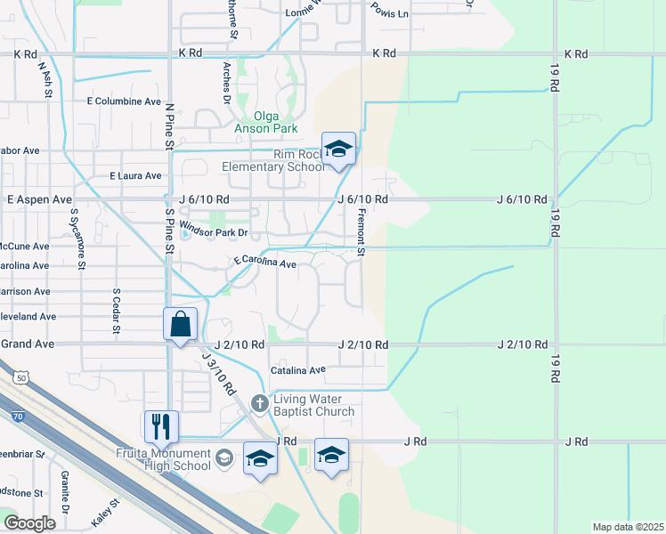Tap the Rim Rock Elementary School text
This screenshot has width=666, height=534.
[x=273, y=160]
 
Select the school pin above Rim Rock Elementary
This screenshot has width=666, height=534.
[x=338, y=149]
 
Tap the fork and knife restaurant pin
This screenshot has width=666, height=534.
[x=161, y=426]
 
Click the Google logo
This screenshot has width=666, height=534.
[x=29, y=522]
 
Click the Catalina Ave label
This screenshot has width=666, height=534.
[x=298, y=369]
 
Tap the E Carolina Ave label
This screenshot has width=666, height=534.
[x=264, y=263]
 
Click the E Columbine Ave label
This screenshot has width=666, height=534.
[x=123, y=101]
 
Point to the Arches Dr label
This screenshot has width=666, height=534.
[x=227, y=82]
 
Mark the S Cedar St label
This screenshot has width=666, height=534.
[x=116, y=307]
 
